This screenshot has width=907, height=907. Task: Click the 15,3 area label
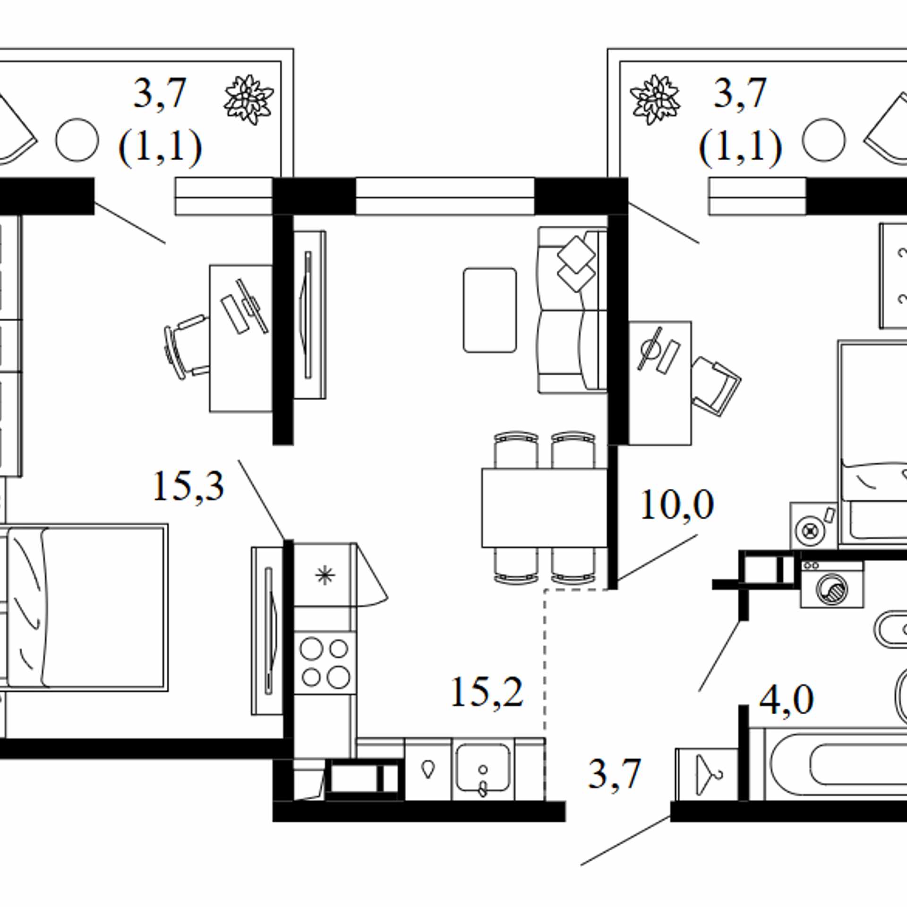[x=188, y=487]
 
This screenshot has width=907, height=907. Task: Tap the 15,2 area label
[x=487, y=693]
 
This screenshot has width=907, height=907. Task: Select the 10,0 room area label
[x=677, y=505]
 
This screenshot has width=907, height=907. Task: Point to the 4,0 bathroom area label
[x=787, y=700]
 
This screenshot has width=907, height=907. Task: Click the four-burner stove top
[x=325, y=662]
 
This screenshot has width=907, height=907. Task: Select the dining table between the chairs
[x=544, y=508]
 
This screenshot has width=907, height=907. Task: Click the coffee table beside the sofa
[x=490, y=310]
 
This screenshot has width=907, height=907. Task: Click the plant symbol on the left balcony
[x=248, y=100]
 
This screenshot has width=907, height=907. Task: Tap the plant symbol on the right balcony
[x=655, y=100]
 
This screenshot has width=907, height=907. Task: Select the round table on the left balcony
[x=77, y=140]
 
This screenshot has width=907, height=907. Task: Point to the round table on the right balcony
[x=824, y=140]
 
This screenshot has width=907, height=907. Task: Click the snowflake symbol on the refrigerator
[x=325, y=575]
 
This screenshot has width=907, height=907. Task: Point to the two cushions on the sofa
[x=576, y=264]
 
